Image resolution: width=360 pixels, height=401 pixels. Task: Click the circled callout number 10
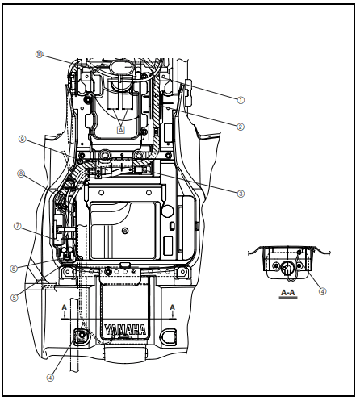click(40, 55)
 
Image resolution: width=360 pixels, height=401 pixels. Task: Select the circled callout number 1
click(240, 100)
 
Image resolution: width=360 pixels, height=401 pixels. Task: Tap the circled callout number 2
click(240, 127)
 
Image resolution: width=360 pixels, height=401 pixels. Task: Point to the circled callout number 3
click(240, 194)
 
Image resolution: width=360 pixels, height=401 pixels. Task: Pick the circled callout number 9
click(23, 140)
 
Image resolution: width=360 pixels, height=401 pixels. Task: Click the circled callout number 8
click(20, 173)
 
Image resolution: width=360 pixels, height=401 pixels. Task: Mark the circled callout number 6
click(14, 269)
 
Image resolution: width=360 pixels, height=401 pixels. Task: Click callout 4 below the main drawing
click(50, 376)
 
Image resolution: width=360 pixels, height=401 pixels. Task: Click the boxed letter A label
click(121, 129)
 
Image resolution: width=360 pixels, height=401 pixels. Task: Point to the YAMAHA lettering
click(124, 329)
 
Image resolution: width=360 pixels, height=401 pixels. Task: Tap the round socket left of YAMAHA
click(82, 336)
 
